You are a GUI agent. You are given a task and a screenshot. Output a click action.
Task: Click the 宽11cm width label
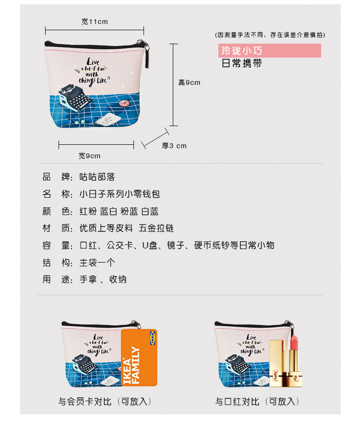(x=95, y=22)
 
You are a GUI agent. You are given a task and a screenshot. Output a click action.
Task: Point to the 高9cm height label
(x=189, y=82)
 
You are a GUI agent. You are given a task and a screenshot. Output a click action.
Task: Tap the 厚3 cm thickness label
(x=174, y=146)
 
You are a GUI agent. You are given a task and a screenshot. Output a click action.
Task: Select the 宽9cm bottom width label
(x=90, y=156)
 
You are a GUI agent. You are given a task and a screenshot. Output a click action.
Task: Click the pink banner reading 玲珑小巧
(x=269, y=50)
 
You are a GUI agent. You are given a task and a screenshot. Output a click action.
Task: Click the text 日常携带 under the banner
(x=242, y=64)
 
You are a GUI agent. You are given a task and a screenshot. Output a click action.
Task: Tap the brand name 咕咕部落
(x=97, y=177)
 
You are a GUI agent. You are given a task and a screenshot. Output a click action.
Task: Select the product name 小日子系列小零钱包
(x=120, y=194)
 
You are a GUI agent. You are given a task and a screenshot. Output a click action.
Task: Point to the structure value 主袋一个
(x=97, y=262)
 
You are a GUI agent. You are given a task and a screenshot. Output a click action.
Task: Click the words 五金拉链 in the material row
(x=156, y=228)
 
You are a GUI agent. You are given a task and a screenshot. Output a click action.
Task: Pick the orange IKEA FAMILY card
(x=139, y=358)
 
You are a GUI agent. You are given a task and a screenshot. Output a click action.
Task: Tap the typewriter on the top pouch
(x=75, y=98)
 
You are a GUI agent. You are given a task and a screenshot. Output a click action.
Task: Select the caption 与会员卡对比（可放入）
(x=105, y=402)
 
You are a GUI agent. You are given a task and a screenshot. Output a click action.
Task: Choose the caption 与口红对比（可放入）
(x=257, y=402)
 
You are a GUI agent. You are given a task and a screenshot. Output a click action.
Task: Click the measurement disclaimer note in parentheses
(x=270, y=35)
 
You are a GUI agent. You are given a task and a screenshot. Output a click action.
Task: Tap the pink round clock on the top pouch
(x=124, y=104)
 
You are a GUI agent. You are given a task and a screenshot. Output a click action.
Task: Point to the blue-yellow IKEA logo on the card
(x=152, y=338)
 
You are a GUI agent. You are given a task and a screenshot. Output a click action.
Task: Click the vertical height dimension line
(x=174, y=84)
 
